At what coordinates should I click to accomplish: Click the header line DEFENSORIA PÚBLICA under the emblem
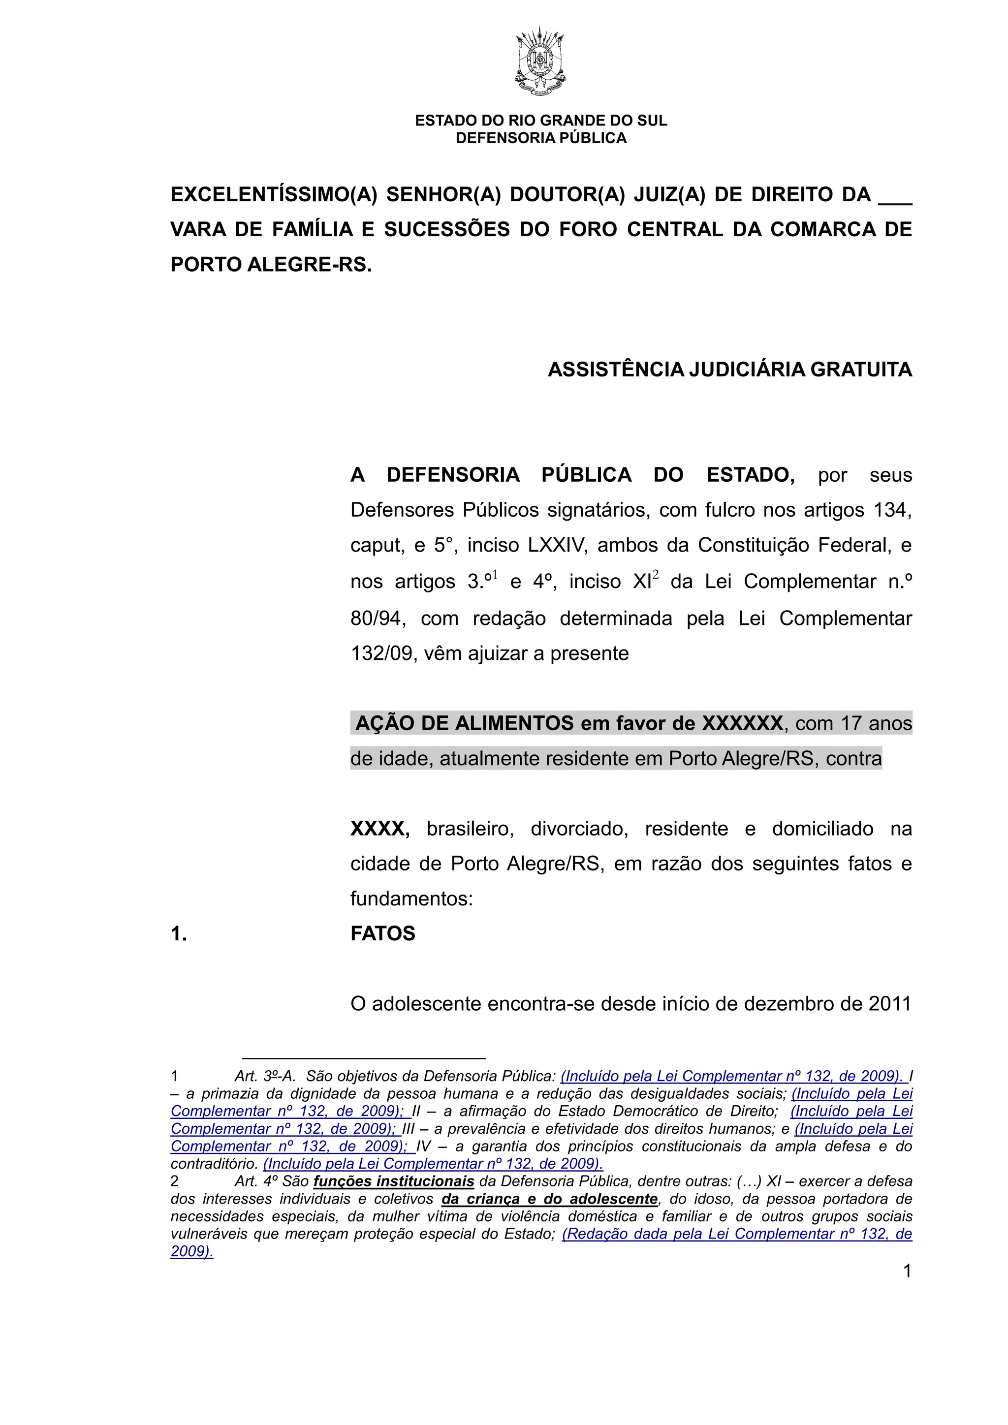[x=540, y=138]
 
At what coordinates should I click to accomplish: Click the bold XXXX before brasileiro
[x=379, y=829]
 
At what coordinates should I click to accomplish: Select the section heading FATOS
[x=383, y=933]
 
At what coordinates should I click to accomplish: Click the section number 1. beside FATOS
[x=179, y=933]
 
